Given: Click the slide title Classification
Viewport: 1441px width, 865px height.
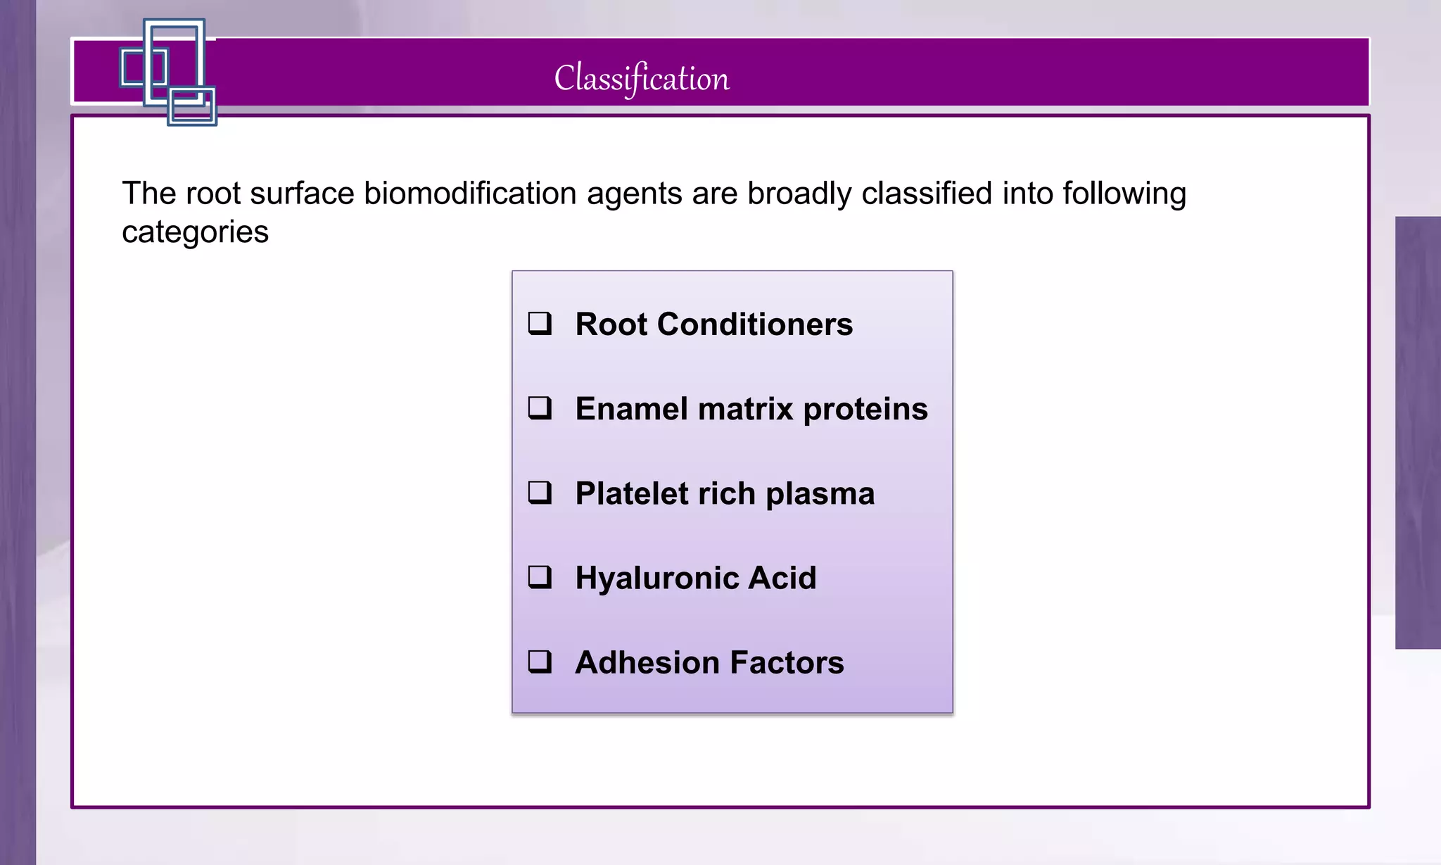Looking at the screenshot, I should click(x=642, y=77).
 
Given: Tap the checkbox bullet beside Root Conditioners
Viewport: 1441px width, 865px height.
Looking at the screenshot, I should click(x=540, y=324).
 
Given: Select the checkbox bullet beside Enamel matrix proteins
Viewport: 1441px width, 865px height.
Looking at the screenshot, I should click(x=540, y=408).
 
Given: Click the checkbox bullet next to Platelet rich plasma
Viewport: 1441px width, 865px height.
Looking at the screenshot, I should click(x=540, y=493).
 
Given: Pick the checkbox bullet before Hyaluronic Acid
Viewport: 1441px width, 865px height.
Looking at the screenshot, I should click(x=540, y=577).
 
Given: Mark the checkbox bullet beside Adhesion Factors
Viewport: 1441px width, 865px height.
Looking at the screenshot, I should click(x=540, y=662).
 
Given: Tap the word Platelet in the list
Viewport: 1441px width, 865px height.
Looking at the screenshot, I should click(x=631, y=493).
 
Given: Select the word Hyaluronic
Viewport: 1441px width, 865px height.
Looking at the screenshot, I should click(x=656, y=579).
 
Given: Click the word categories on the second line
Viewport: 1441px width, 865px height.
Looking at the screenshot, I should click(x=195, y=232).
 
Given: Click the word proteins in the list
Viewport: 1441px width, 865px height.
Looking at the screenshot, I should click(x=865, y=410).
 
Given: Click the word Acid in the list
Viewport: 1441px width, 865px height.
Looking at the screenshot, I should click(x=782, y=579).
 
